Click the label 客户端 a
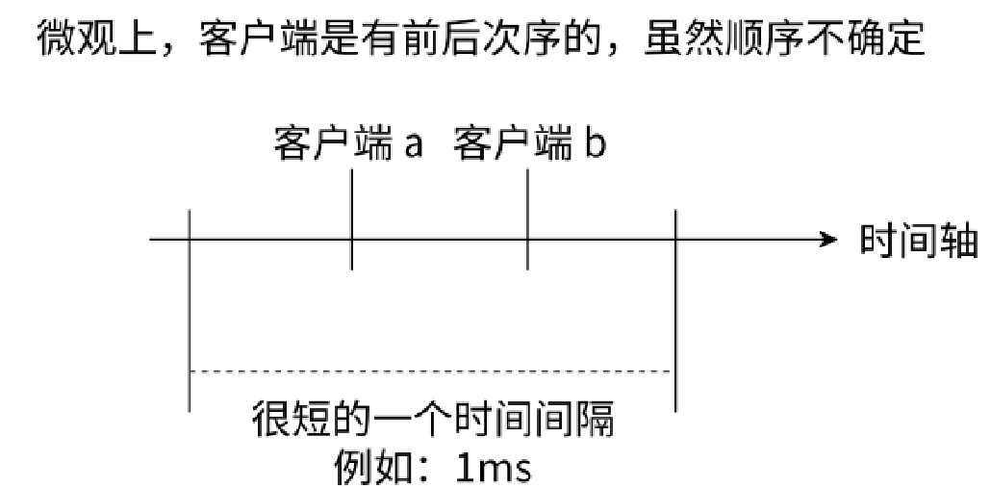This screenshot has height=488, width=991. (x=347, y=147)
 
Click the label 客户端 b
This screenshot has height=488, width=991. (x=530, y=147)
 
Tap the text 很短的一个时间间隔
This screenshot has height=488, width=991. (x=432, y=422)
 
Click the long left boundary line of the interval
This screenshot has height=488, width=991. (x=191, y=308)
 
